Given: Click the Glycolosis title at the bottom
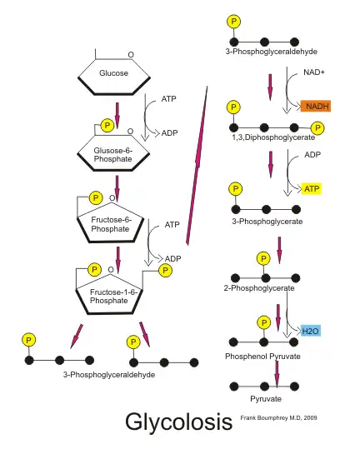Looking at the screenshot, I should point(177,422).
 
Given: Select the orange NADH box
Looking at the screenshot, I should point(317,106).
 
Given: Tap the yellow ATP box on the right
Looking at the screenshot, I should point(312,188).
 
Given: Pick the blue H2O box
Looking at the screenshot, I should point(311,331).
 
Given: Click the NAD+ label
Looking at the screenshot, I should point(314,72).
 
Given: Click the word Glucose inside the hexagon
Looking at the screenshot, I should point(113,73).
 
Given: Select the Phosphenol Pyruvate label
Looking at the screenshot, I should point(262,356).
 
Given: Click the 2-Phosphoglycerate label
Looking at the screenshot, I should point(259,288).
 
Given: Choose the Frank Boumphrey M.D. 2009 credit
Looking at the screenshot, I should point(278,417).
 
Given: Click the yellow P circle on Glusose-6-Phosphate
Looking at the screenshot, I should point(107,125).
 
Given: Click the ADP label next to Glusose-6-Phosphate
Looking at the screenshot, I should point(169,132).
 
